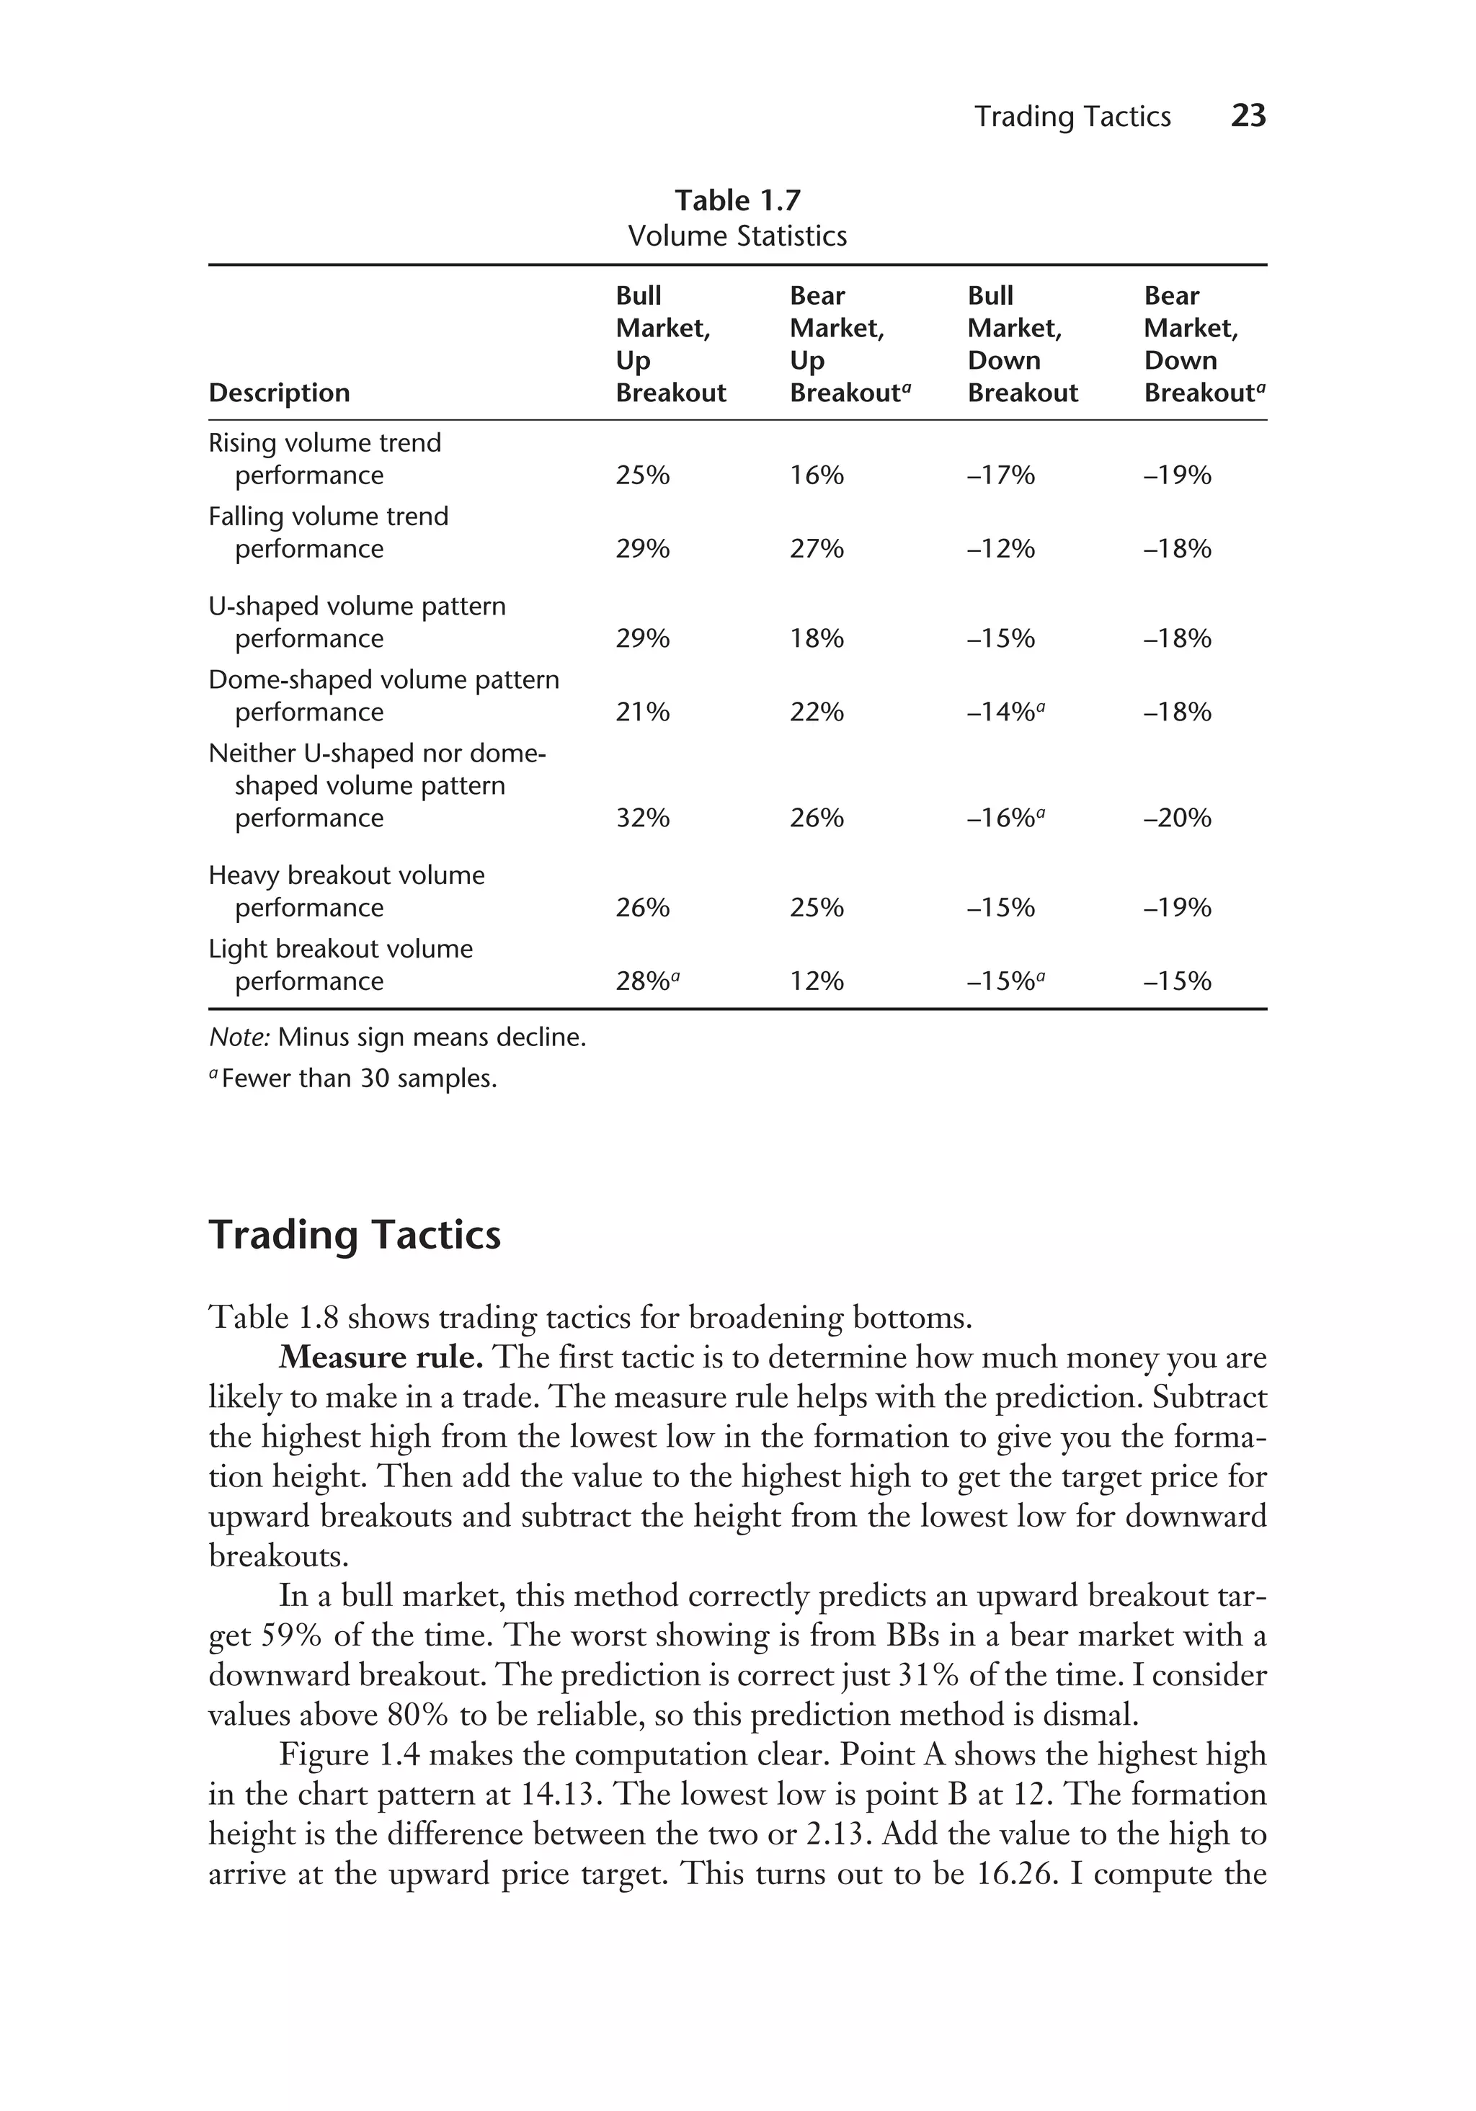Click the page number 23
pos(1248,116)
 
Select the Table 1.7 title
pos(737,200)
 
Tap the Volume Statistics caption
pos(737,236)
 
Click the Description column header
pos(279,393)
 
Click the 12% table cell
pos(817,981)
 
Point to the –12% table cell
pos(1000,549)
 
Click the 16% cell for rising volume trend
pos(817,476)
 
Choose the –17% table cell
pos(1000,476)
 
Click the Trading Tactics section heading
pos(355,1235)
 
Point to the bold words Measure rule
pos(381,1358)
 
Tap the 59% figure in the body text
pos(293,1635)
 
